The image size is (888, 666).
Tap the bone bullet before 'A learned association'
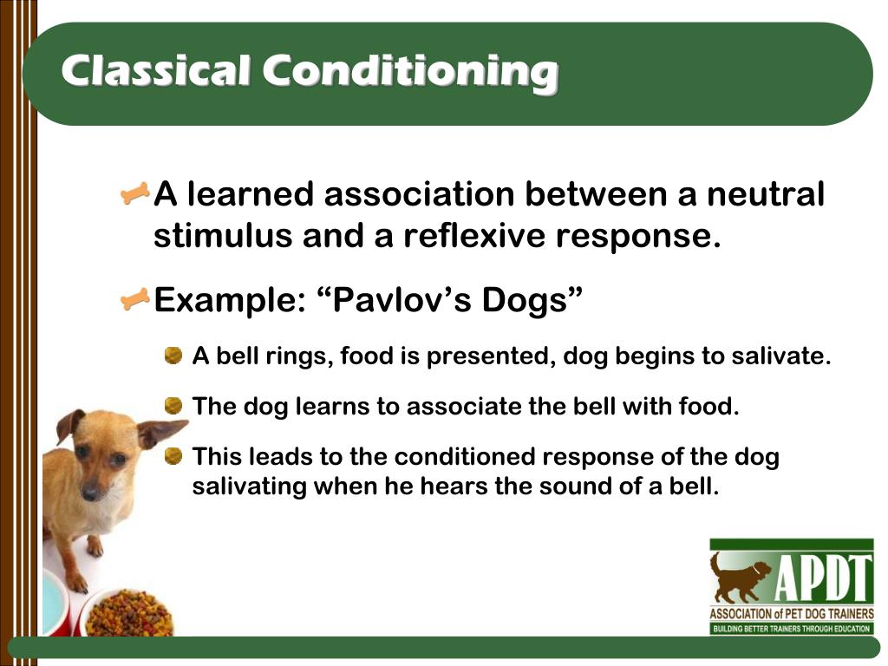coord(135,193)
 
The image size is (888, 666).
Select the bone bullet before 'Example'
coord(135,301)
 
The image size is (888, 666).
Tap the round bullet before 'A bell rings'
coord(174,355)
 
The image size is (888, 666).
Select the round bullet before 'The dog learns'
coord(174,405)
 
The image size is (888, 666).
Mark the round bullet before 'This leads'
coord(174,455)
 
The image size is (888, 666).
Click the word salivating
coord(250,486)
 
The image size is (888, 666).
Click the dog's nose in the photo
coord(90,492)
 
